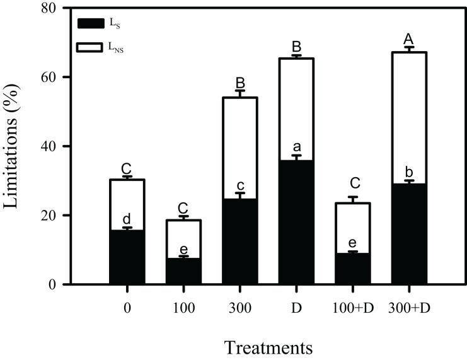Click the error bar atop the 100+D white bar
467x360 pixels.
[x=352, y=199]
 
